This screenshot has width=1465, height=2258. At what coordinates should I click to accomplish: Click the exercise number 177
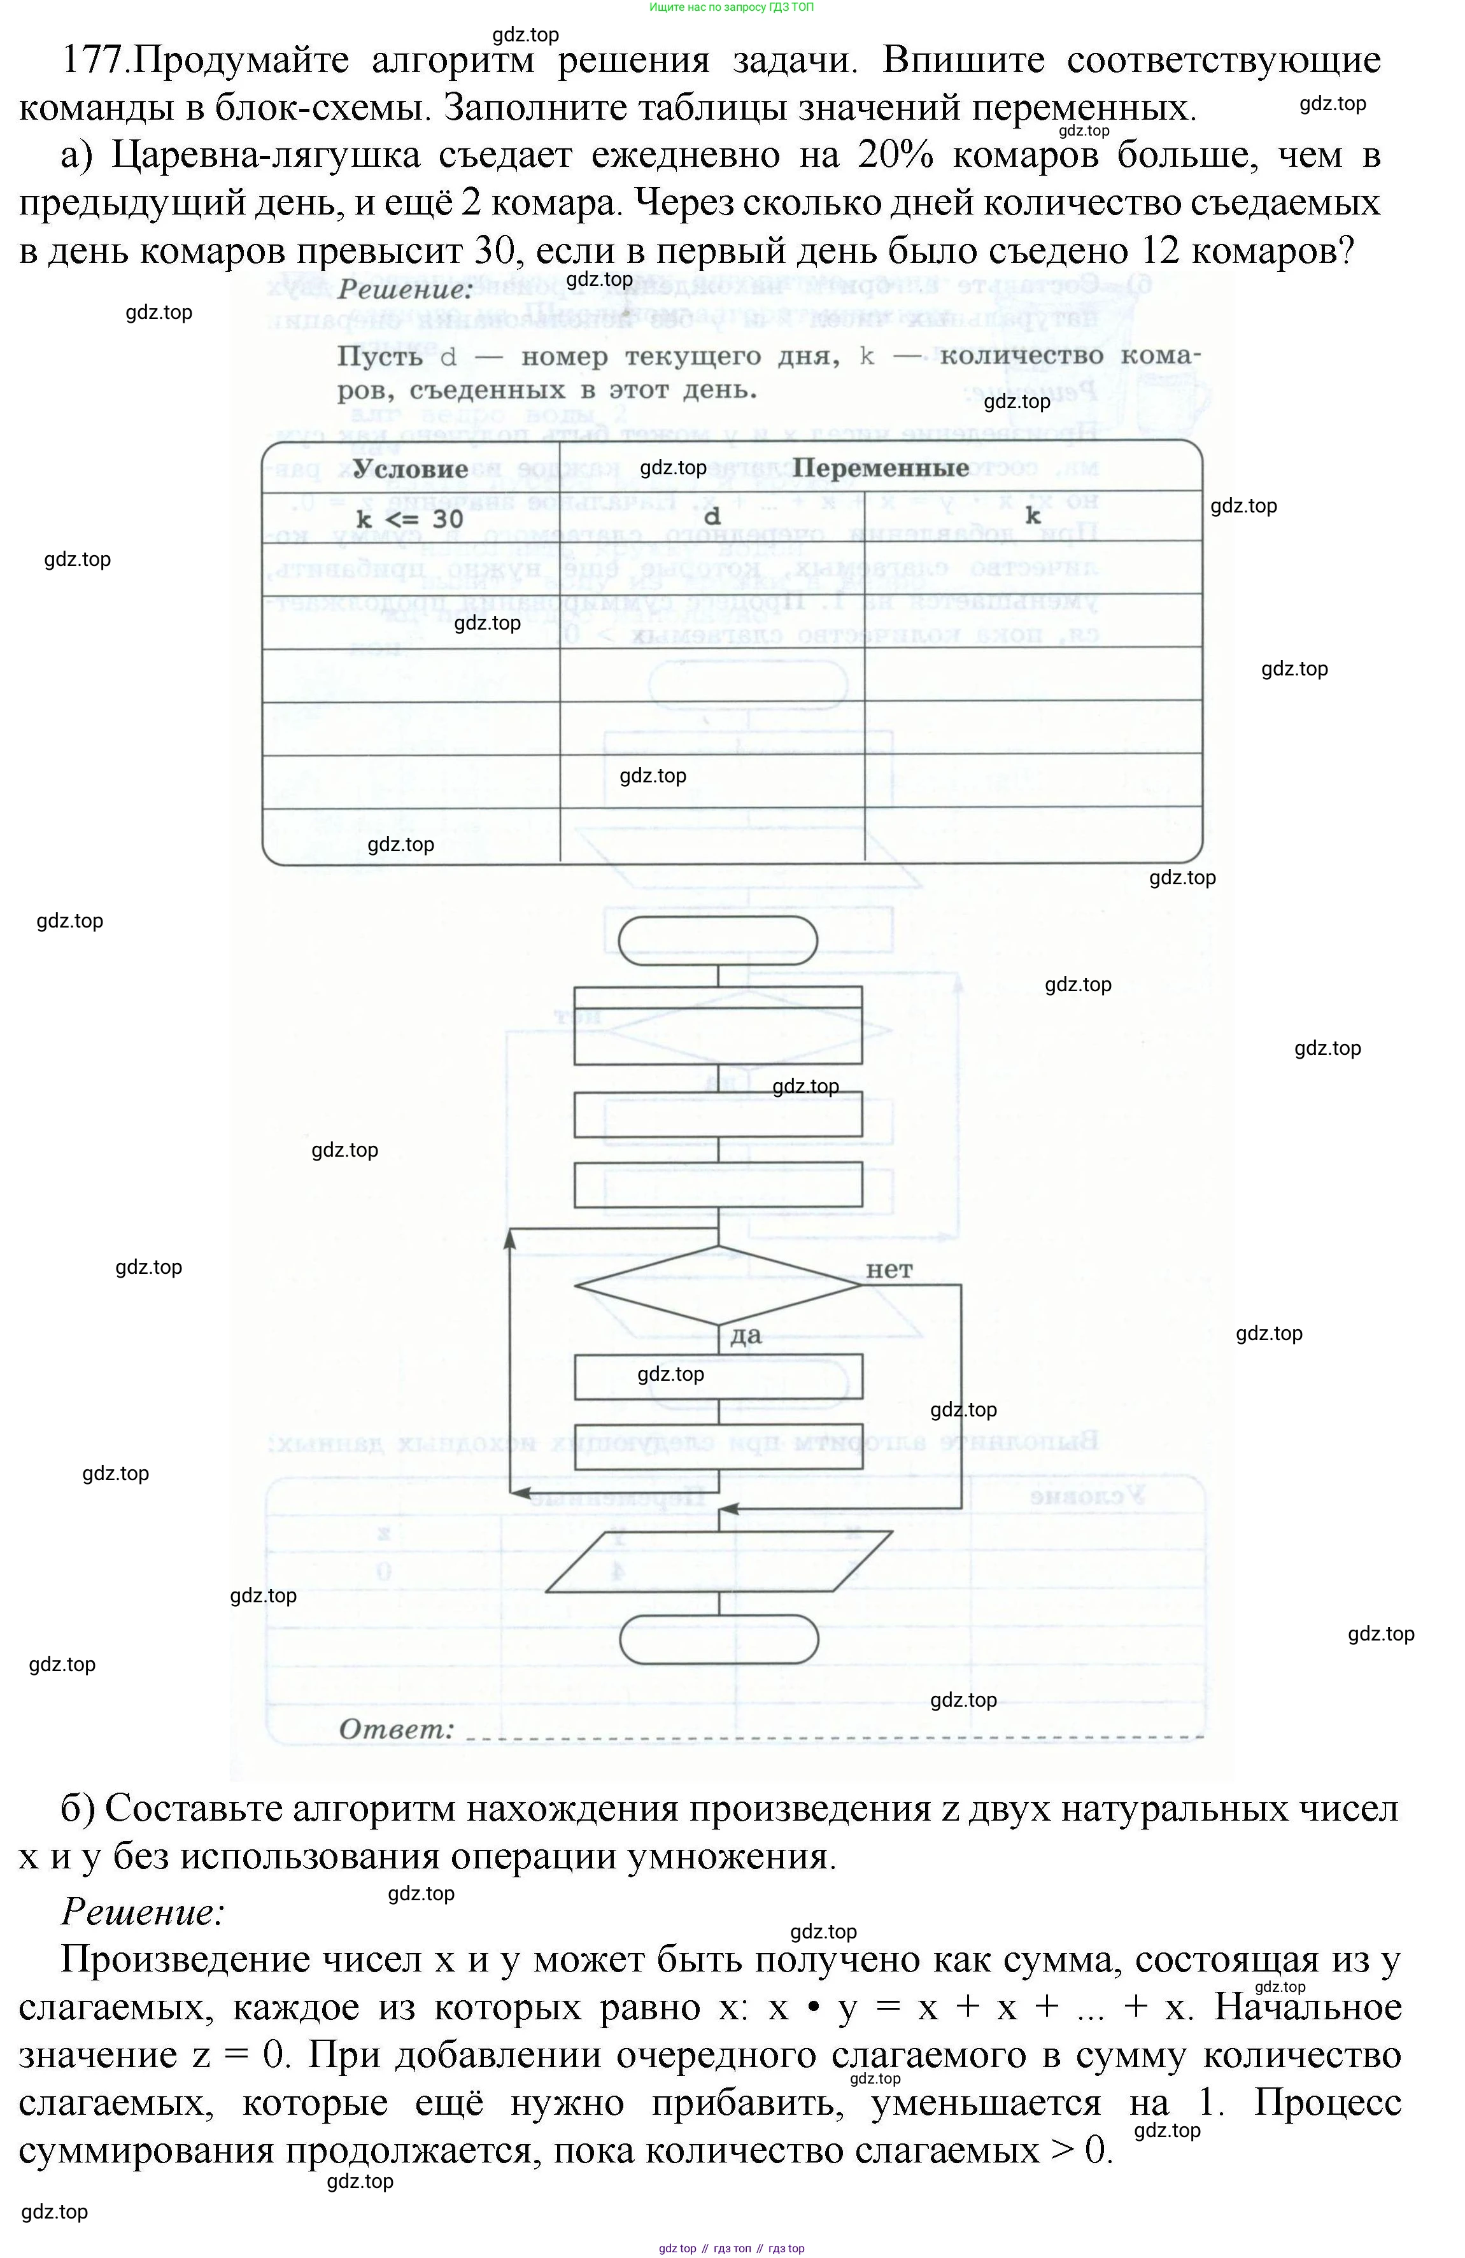pos(93,60)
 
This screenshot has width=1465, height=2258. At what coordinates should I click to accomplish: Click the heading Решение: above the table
pos(404,290)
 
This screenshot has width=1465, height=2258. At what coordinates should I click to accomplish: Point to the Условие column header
pos(410,469)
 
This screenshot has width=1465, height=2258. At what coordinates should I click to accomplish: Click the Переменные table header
pos(881,468)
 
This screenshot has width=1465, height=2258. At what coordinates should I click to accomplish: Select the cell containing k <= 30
pos(410,519)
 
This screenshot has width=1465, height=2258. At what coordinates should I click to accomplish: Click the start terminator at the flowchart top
pos(718,940)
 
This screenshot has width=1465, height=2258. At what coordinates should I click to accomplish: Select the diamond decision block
pos(718,1285)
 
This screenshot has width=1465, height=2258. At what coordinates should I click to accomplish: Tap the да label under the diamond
pos(746,1336)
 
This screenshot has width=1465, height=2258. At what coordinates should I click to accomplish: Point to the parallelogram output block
pos(718,1561)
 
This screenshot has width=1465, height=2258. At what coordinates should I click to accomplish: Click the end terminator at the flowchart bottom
pos(718,1639)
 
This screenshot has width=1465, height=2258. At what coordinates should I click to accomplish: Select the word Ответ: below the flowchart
pos(395,1730)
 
